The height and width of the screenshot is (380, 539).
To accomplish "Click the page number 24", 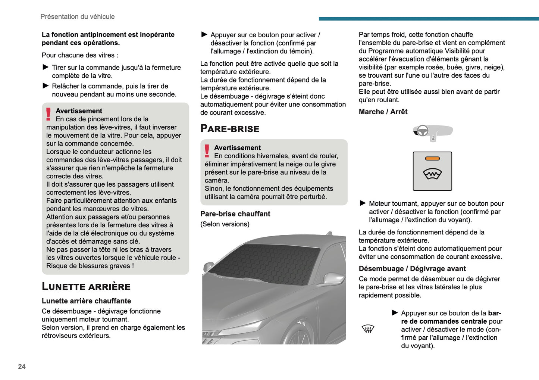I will (x=22, y=367).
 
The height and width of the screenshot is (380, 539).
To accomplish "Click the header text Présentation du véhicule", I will (x=77, y=17).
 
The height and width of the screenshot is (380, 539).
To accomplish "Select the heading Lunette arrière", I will (x=86, y=286).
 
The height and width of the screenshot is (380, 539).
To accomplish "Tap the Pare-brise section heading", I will (x=230, y=129).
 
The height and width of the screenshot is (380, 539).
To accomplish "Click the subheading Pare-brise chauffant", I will (x=235, y=214).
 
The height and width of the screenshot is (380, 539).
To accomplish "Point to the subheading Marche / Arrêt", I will (x=383, y=112).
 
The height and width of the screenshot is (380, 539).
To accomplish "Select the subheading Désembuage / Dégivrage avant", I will (x=412, y=269).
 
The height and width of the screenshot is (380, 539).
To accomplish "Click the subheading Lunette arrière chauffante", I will (x=86, y=301).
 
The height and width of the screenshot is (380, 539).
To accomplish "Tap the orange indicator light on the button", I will (x=432, y=159).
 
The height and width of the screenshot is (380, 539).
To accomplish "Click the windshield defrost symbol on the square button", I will (x=432, y=174).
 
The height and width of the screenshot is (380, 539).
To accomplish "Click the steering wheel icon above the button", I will (x=422, y=131).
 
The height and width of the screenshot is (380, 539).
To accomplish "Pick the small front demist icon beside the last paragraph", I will (x=368, y=329).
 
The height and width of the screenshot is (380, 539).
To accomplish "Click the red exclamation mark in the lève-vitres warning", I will (x=48, y=114).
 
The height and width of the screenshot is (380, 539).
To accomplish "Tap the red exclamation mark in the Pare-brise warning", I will (x=207, y=151).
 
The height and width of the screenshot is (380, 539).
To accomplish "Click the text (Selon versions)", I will (x=225, y=224).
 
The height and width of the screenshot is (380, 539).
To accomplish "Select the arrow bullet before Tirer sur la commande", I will (x=46, y=67).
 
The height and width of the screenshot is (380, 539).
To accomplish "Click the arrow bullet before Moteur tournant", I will (x=363, y=203).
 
